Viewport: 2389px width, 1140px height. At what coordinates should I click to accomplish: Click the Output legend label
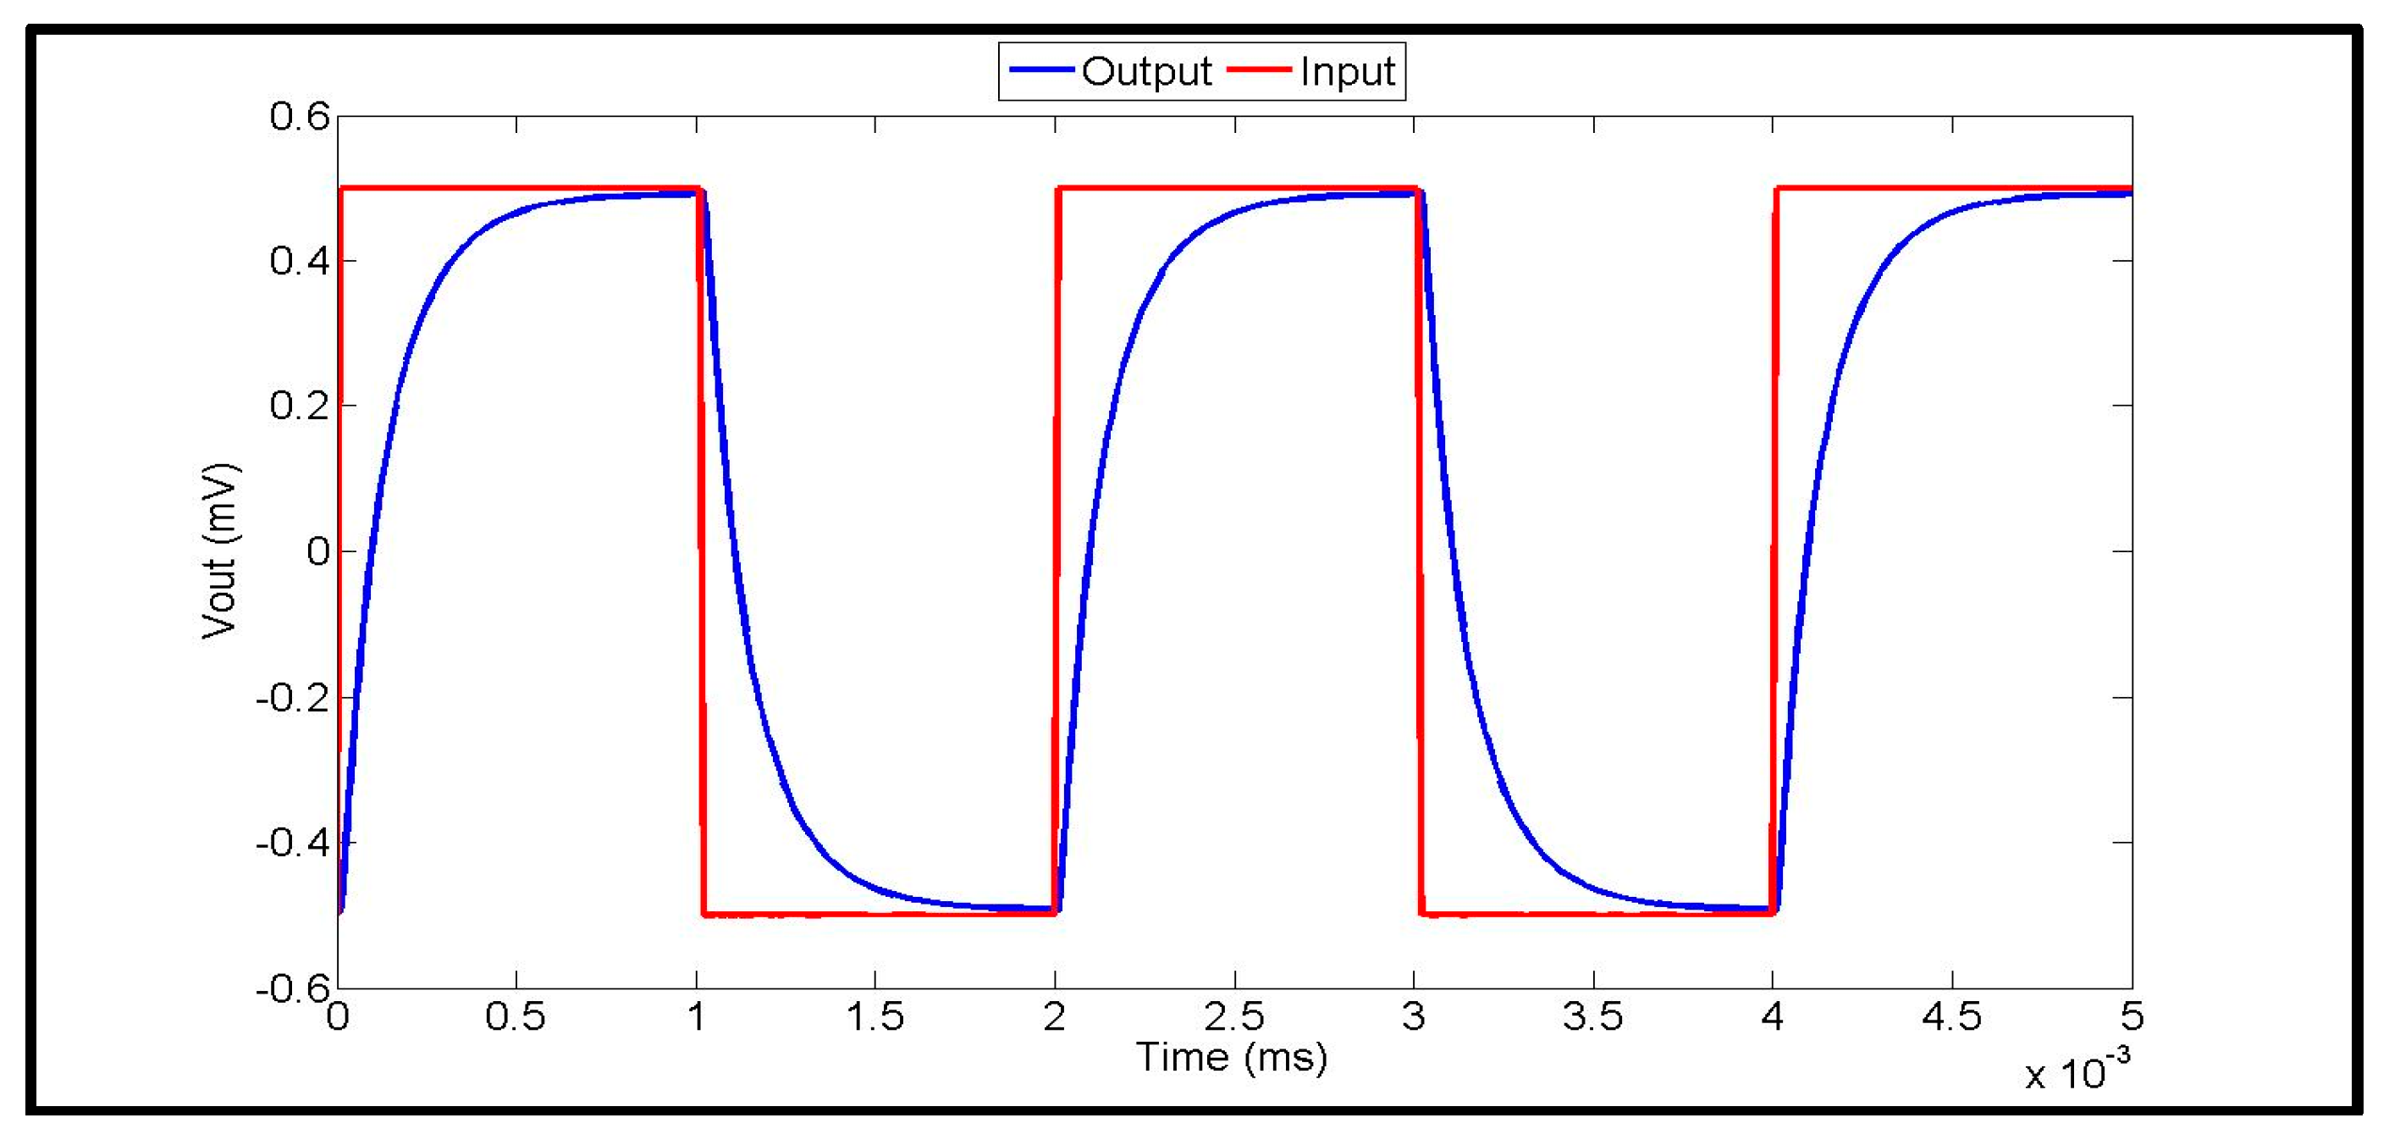tap(1146, 71)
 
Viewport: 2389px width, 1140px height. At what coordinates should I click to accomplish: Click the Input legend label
tap(1348, 71)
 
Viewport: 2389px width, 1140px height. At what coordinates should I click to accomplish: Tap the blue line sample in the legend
tap(1042, 69)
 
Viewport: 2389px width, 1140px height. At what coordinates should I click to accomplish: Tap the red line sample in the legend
tap(1260, 69)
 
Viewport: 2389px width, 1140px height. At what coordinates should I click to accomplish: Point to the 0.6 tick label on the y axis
tap(300, 117)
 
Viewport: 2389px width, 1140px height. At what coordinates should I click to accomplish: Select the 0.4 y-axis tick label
tap(300, 262)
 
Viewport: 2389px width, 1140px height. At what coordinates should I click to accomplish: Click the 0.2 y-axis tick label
tap(300, 407)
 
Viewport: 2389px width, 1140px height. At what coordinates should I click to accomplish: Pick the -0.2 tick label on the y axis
tap(293, 698)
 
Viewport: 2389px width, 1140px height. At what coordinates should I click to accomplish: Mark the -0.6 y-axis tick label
tap(293, 988)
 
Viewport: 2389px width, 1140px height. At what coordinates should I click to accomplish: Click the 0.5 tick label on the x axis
tap(516, 1017)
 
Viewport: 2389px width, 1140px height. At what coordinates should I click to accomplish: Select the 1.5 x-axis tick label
tap(874, 1017)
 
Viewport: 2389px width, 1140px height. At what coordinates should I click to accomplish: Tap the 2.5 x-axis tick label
tap(1233, 1017)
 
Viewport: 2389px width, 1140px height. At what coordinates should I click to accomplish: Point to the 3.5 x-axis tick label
tap(1592, 1017)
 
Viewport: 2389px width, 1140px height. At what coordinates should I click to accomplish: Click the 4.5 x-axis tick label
tap(1951, 1017)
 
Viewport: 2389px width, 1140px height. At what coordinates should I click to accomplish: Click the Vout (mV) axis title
tap(221, 551)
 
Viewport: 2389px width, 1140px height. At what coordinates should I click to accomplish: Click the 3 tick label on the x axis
tap(1414, 1017)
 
